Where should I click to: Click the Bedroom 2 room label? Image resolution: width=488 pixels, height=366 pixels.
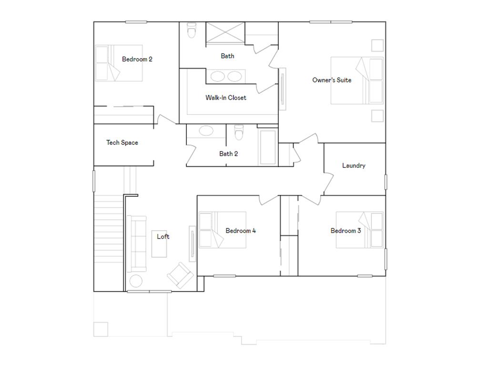137,60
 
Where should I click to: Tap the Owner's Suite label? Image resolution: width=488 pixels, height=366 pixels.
332,80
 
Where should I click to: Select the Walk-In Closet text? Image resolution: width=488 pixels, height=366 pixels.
226,98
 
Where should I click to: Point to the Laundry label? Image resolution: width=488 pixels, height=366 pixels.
354,166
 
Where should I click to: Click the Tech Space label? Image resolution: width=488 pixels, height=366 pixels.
122,142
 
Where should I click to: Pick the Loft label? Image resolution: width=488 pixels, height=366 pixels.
163,236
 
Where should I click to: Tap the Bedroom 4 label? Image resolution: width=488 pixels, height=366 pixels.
241,231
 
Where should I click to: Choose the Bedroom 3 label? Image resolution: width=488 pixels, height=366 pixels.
346,231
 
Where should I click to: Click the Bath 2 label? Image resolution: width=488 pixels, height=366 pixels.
229,154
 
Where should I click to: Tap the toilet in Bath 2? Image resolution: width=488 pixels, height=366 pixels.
239,132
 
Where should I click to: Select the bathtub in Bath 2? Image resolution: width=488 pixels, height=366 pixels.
267,145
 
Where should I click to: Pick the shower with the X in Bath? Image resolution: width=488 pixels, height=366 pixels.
224,33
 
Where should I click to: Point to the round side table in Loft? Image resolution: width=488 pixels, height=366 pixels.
136,281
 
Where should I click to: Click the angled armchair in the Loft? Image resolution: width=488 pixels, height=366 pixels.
180,275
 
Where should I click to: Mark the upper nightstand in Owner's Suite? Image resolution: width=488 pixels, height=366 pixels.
377,45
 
